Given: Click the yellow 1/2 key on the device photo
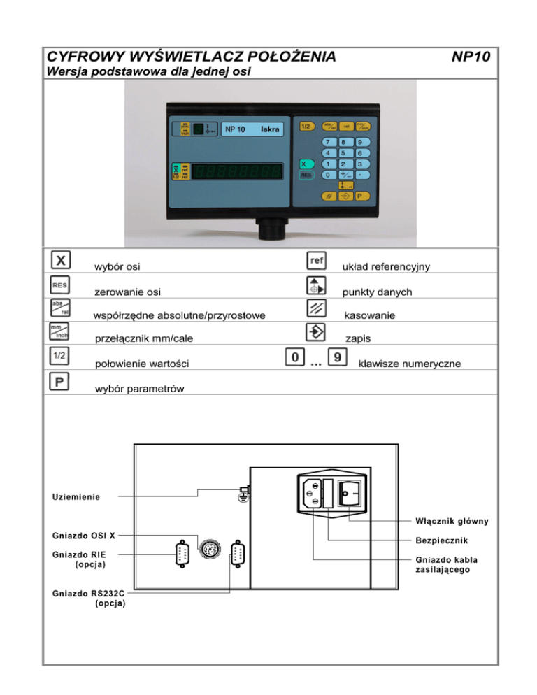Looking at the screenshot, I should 306,127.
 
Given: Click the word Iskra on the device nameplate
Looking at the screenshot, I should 270,129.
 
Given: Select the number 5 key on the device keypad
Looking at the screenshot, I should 343,152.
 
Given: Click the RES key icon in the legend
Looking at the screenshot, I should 59,285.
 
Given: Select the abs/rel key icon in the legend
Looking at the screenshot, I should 59,308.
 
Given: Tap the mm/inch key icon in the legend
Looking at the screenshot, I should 59,331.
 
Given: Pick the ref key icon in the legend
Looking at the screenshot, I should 316,260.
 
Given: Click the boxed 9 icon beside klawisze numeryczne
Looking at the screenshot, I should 338,357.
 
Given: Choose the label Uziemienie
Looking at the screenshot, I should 76,496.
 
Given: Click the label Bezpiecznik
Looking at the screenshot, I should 441,540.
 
